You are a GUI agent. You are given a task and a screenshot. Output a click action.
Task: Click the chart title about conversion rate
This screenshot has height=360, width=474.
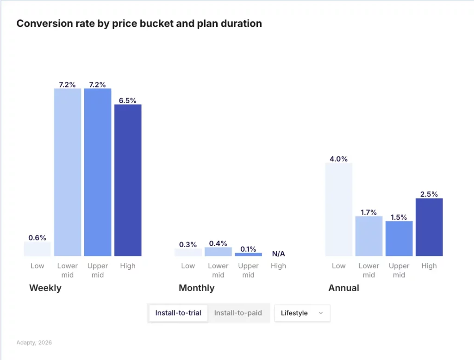(x=139, y=24)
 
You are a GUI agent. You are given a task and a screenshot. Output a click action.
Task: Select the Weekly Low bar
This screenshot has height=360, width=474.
(x=37, y=249)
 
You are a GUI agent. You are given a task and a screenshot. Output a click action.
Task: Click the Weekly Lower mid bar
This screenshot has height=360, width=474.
(x=68, y=172)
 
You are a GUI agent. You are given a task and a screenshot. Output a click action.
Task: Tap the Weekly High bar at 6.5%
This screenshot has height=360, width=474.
(x=128, y=180)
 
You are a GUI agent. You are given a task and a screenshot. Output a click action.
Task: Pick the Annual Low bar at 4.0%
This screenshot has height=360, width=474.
(x=338, y=209)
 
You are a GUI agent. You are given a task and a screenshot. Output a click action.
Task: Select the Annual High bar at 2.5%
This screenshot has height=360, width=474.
(x=429, y=227)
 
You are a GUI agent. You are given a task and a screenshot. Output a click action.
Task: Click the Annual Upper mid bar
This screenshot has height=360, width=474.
(x=399, y=238)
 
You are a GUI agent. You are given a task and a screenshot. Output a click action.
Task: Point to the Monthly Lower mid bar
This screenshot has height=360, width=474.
(x=218, y=252)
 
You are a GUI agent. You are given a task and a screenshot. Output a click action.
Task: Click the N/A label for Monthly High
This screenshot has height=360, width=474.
(x=278, y=254)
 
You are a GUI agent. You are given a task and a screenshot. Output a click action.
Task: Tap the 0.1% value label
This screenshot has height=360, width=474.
(x=248, y=249)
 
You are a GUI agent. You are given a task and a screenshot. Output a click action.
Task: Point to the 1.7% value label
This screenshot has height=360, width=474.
(x=369, y=212)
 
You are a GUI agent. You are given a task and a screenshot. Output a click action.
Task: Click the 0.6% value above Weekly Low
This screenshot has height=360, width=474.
(x=37, y=238)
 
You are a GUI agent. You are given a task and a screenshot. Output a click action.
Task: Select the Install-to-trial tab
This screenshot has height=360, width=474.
(x=178, y=313)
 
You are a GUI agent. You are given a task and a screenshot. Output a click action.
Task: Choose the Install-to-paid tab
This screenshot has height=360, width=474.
(x=238, y=313)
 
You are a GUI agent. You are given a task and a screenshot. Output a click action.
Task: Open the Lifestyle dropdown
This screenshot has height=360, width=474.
(x=302, y=313)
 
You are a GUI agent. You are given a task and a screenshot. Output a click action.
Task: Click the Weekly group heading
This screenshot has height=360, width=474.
(x=45, y=288)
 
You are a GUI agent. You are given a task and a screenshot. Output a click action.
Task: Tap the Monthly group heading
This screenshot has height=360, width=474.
(x=196, y=288)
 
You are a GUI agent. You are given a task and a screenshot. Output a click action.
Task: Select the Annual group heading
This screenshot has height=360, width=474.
(x=343, y=288)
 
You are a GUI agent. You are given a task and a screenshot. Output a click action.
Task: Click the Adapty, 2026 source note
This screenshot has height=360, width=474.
(x=34, y=343)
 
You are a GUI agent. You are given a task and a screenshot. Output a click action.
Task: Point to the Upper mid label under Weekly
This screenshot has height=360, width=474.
(x=98, y=270)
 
